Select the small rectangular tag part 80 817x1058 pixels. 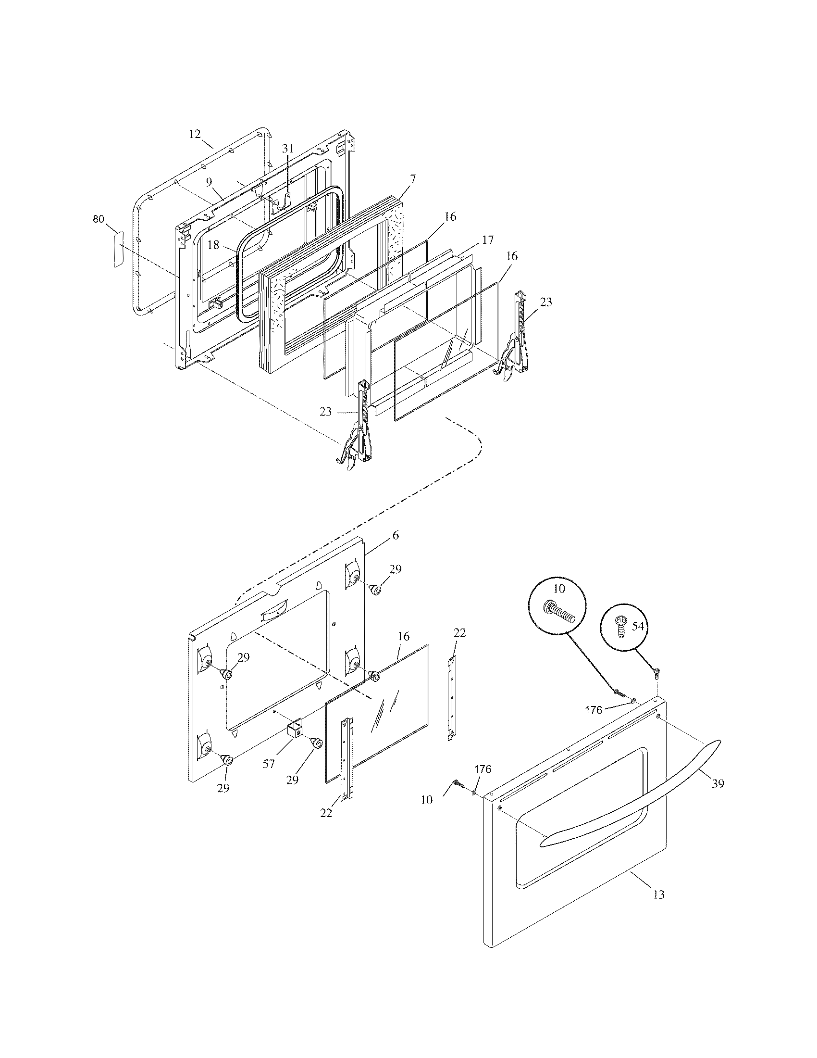pos(118,249)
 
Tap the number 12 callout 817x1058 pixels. pos(195,134)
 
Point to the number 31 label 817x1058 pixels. pos(287,149)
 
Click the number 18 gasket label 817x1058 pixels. pos(213,245)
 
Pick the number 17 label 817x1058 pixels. pos(487,239)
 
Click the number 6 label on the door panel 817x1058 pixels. pos(396,535)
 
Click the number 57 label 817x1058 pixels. pos(269,764)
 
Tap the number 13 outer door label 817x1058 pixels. pos(659,895)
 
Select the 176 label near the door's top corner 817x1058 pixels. pos(594,710)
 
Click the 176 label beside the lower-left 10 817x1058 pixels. pos(482,769)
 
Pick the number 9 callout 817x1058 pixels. pos(209,183)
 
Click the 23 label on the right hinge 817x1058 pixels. pos(545,302)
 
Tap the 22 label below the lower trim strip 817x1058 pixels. pos(326,813)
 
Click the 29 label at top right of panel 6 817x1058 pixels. pos(395,569)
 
